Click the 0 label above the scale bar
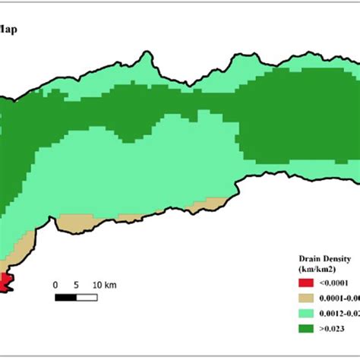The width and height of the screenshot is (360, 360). click(x=55, y=286)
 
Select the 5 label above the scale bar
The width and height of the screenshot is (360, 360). click(x=75, y=286)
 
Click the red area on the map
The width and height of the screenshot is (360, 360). click(x=6, y=283)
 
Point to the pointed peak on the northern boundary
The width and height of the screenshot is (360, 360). click(x=143, y=55)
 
